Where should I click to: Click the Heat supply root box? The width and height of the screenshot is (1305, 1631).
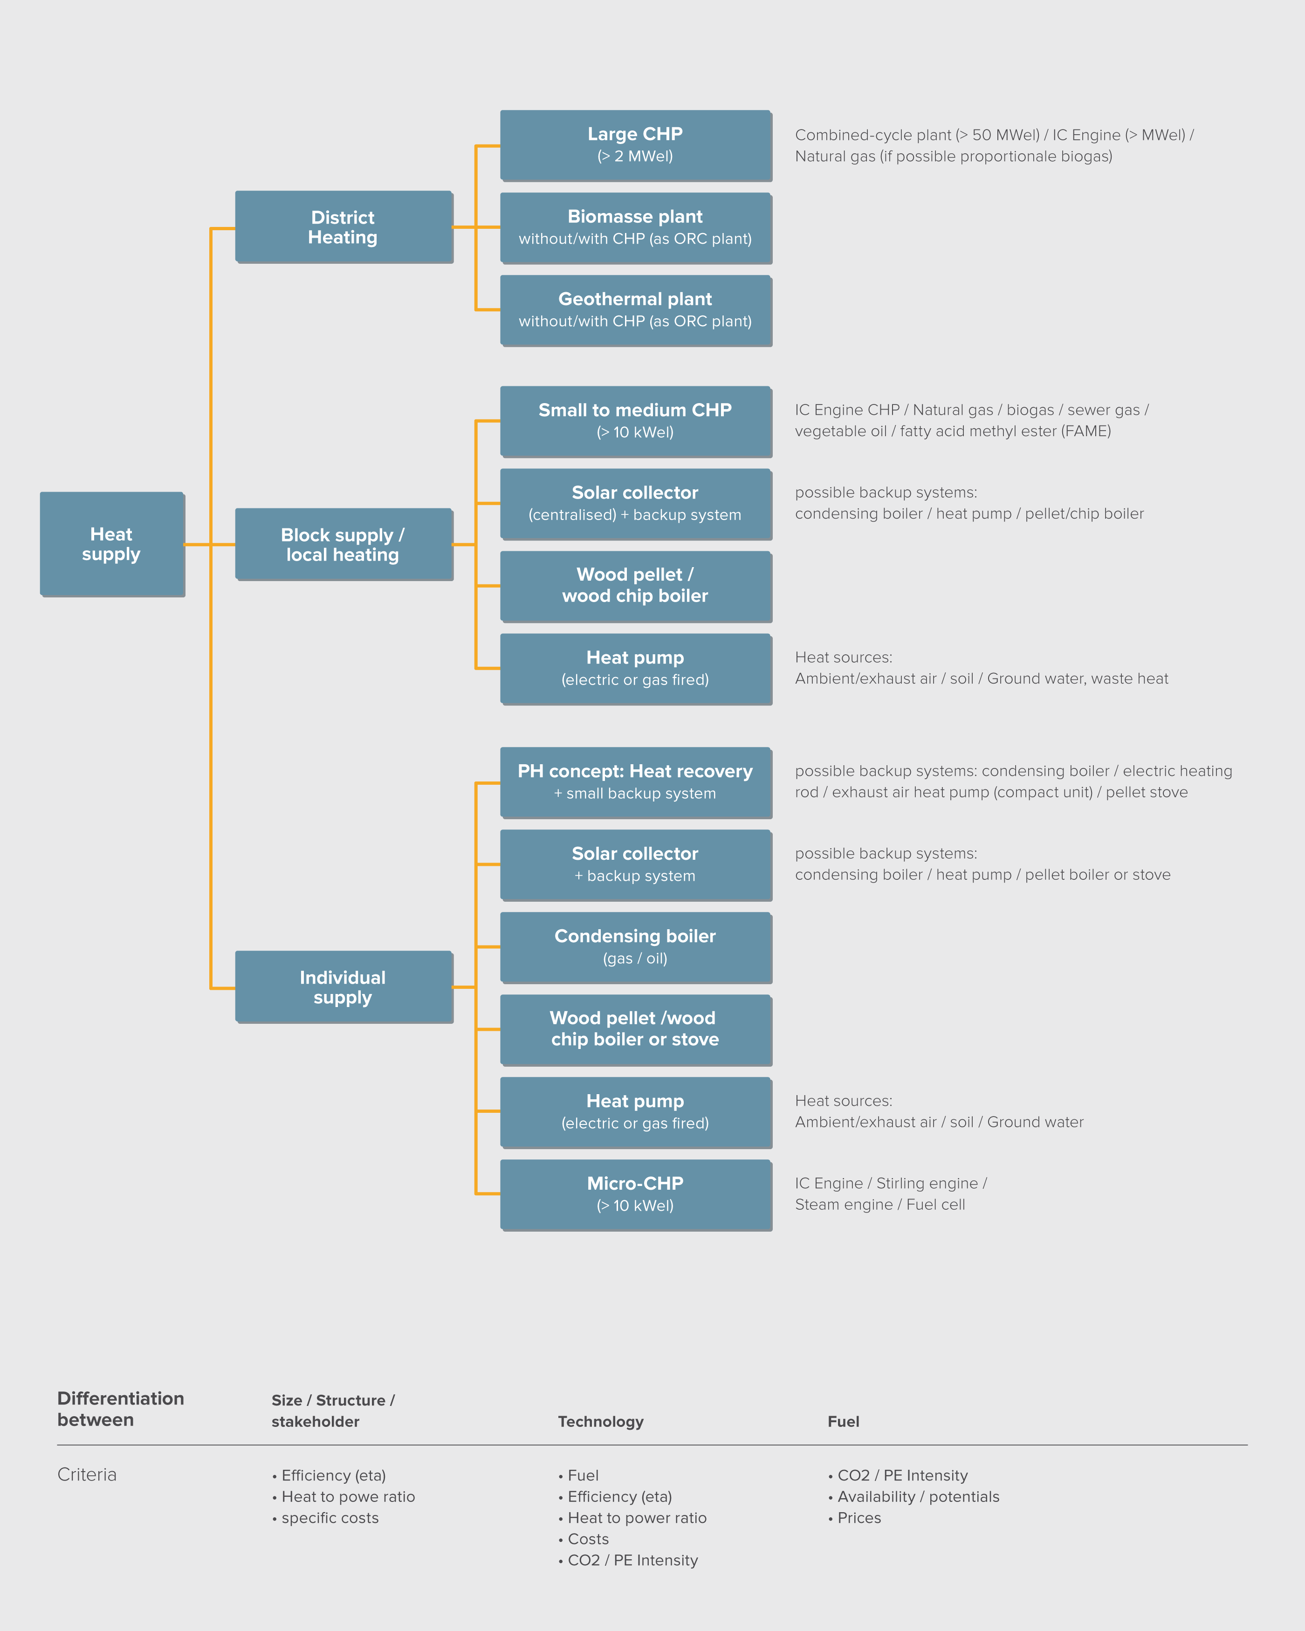click(111, 544)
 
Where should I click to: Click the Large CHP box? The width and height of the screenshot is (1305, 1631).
click(635, 145)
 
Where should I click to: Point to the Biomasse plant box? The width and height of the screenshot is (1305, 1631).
click(635, 228)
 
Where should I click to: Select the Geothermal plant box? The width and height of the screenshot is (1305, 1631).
click(635, 310)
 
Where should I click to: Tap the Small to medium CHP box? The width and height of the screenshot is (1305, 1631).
click(635, 421)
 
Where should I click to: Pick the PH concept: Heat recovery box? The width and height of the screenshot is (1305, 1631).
click(635, 782)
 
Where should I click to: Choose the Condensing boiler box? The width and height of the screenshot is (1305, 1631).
click(635, 947)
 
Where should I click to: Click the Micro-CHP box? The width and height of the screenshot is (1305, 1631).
click(635, 1194)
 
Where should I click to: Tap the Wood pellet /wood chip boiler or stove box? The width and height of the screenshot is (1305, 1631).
click(635, 1029)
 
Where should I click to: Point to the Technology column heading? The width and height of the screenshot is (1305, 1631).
click(601, 1421)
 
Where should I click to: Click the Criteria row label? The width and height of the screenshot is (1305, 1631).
click(87, 1474)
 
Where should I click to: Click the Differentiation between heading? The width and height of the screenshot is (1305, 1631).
click(120, 1409)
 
